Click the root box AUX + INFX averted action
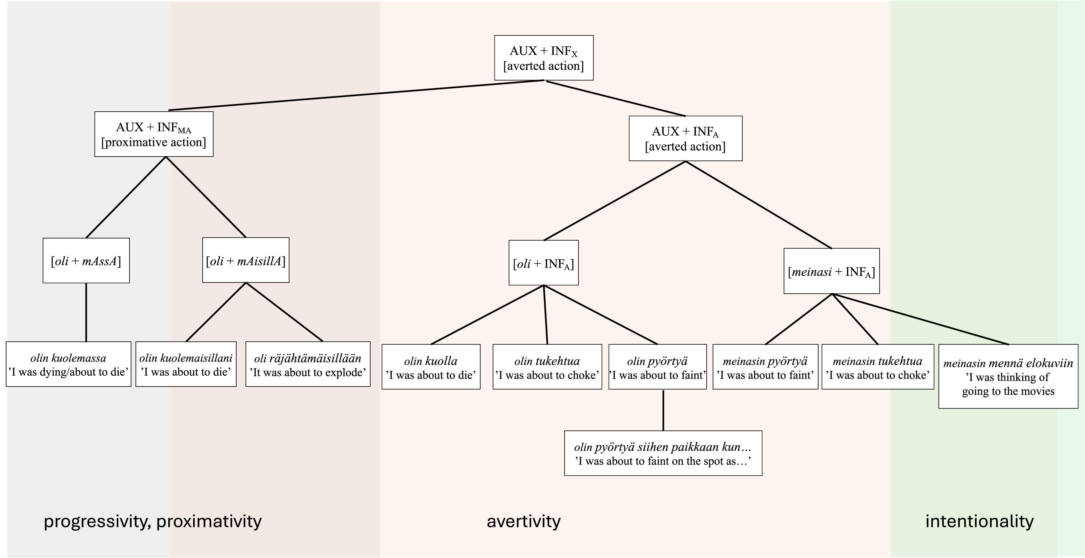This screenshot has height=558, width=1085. (543, 58)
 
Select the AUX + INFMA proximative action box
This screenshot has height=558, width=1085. (154, 134)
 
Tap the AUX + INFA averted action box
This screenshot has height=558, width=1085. (685, 138)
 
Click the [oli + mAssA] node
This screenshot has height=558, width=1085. (86, 261)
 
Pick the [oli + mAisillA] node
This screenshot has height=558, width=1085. (246, 260)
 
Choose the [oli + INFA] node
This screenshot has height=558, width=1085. (543, 263)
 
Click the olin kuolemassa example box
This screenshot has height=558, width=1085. (68, 364)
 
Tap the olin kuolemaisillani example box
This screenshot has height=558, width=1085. (186, 364)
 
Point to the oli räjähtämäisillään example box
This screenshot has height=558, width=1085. (308, 364)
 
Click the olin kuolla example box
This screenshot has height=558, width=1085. (430, 367)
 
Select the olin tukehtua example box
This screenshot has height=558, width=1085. (547, 367)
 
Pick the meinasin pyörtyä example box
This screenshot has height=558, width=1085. (765, 367)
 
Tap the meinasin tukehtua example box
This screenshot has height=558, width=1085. (877, 367)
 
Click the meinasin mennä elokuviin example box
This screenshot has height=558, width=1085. (1008, 377)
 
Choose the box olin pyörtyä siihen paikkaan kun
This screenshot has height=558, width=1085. (663, 453)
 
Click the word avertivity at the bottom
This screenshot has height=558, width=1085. (524, 521)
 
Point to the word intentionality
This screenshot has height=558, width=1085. (979, 521)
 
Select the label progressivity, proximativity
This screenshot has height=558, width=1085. (152, 521)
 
